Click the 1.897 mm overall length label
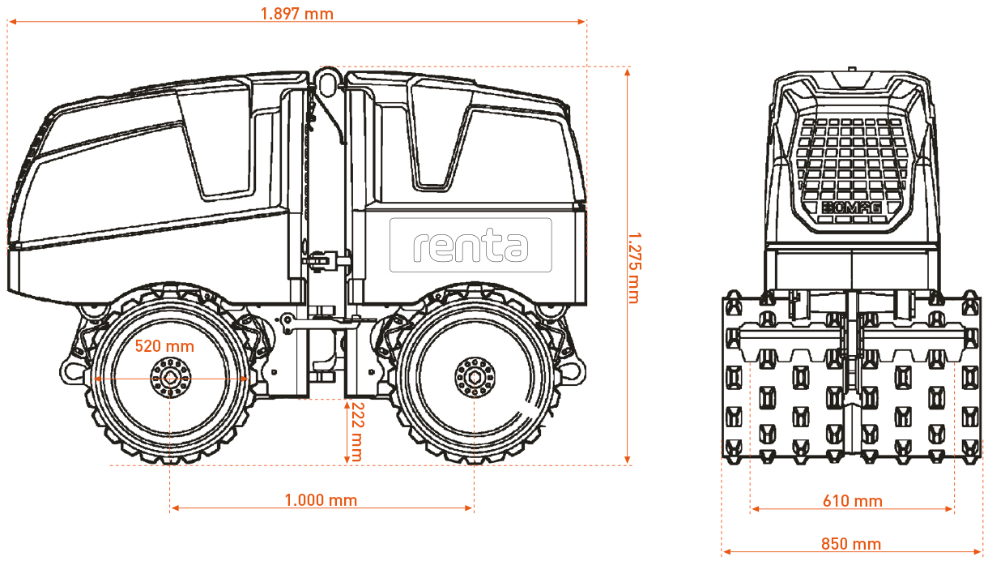pos(297,14)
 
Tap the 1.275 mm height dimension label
pos(634,268)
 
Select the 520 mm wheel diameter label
pos(164,346)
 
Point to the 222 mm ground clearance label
pos(356,431)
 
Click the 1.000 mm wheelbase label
pos(321,500)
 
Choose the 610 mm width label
pos(853,501)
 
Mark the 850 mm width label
pos(851,544)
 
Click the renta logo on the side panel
pos(471,245)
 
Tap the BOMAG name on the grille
pos(851,208)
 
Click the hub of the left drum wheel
pos(170,379)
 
